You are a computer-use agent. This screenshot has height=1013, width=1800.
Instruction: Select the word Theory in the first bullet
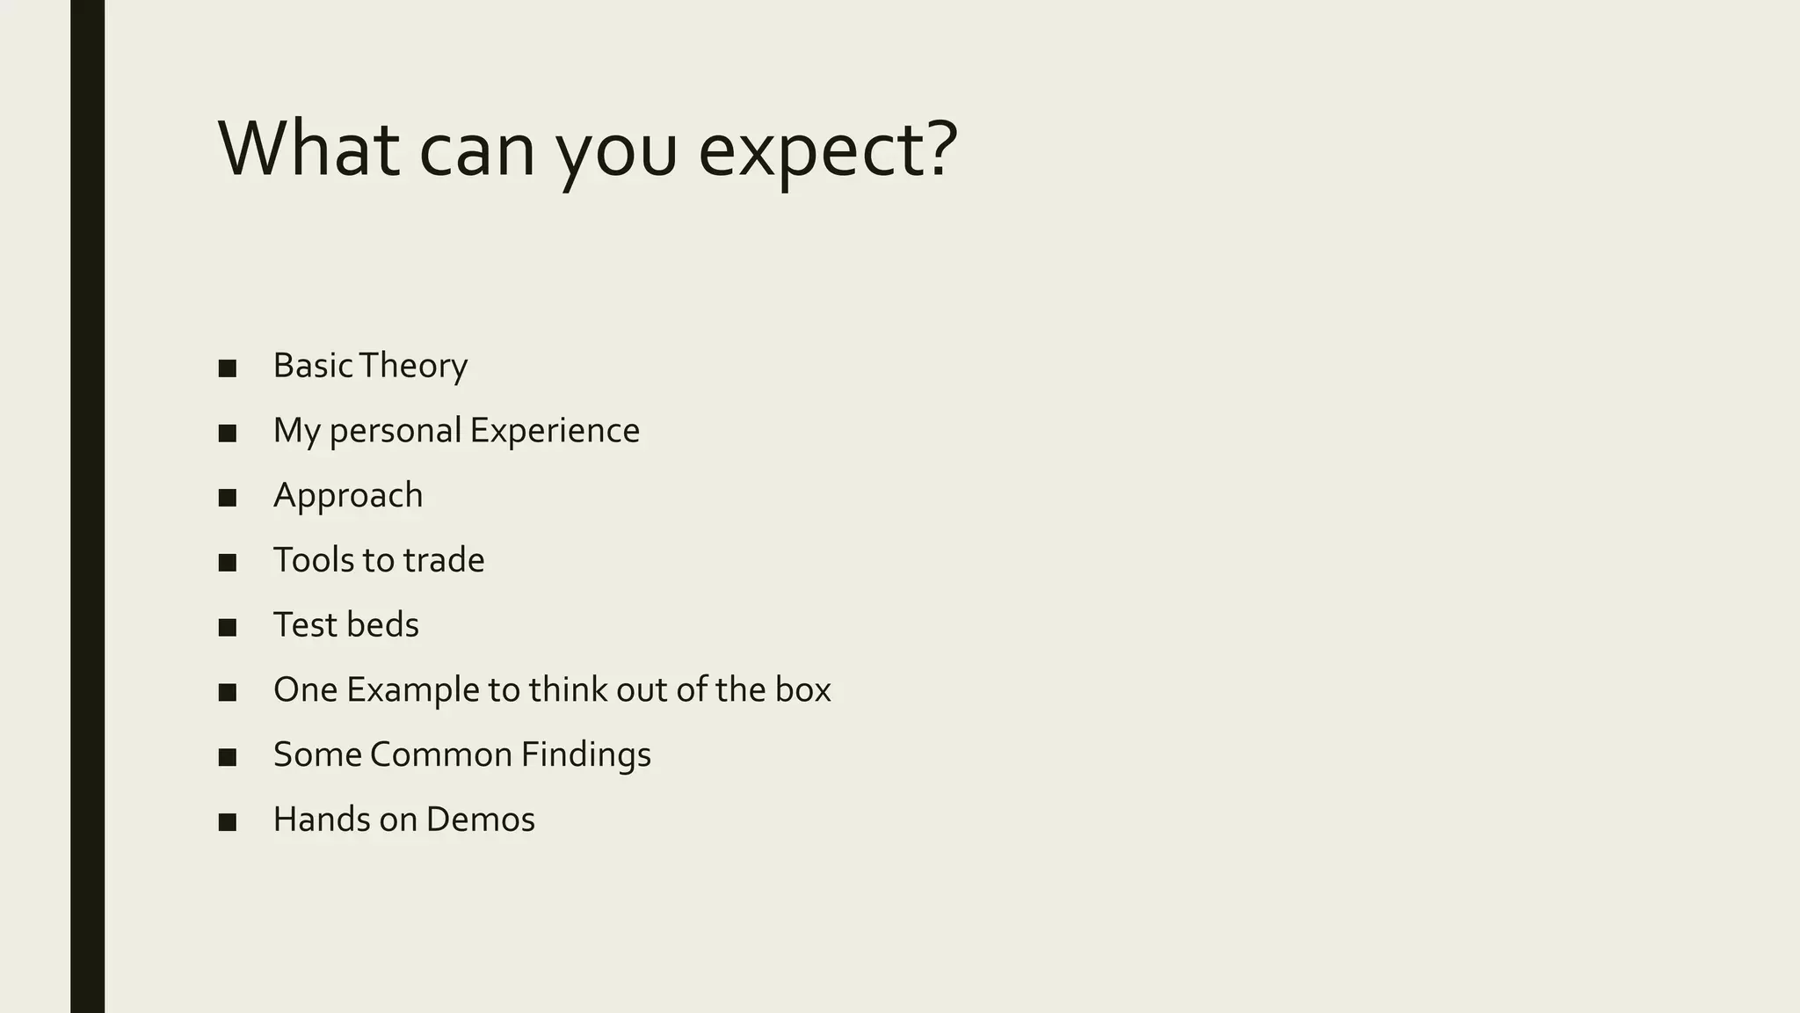pyautogui.click(x=413, y=366)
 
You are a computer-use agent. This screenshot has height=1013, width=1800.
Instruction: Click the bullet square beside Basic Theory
pyautogui.click(x=228, y=368)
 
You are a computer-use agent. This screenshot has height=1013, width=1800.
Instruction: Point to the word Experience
pyautogui.click(x=555, y=431)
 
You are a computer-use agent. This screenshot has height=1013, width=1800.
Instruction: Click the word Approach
pyautogui.click(x=348, y=496)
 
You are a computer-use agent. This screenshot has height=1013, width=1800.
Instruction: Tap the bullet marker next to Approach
pyautogui.click(x=228, y=498)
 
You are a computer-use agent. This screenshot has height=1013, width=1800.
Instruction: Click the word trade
pyautogui.click(x=444, y=560)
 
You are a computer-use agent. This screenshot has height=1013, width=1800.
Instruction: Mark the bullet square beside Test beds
pyautogui.click(x=228, y=628)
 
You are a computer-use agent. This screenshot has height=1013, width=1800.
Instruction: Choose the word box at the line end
pyautogui.click(x=802, y=690)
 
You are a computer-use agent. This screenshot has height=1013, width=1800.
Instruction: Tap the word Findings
pyautogui.click(x=585, y=754)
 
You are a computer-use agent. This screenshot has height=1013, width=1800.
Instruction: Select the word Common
pyautogui.click(x=440, y=754)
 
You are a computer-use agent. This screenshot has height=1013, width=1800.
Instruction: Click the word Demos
pyautogui.click(x=481, y=820)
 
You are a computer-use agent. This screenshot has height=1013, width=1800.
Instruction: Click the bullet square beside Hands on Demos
pyautogui.click(x=228, y=822)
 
